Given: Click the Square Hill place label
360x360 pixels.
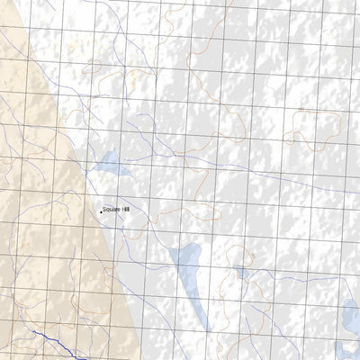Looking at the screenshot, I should click(116, 209).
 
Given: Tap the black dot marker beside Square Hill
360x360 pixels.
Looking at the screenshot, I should click(100, 211).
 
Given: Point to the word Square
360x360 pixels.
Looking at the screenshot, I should click(111, 209).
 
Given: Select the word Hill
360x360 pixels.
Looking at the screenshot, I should click(125, 209).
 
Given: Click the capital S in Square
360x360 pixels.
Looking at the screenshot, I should click(104, 209).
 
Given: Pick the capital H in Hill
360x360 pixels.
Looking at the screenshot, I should click(122, 209).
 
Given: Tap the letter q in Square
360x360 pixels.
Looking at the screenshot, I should click(108, 210).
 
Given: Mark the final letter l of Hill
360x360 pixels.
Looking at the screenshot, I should click(129, 209).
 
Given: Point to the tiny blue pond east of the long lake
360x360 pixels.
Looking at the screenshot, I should click(240, 272).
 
